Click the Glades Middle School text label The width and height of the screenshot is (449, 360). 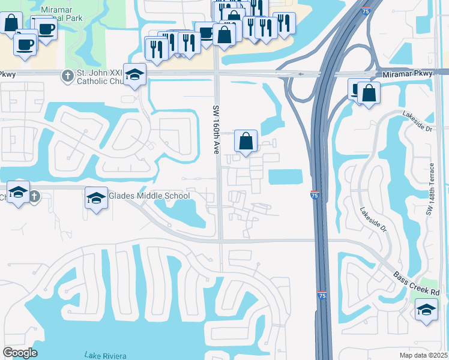149,196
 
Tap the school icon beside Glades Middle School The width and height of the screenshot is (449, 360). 96,197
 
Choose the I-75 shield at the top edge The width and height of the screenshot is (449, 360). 366,10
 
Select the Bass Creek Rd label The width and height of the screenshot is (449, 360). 417,284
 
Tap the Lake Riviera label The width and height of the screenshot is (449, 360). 106,355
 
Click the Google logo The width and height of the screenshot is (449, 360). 20,352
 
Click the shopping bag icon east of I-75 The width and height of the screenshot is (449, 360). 369,93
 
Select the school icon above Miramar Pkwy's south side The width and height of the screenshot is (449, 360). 135,75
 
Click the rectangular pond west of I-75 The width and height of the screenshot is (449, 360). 286,177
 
